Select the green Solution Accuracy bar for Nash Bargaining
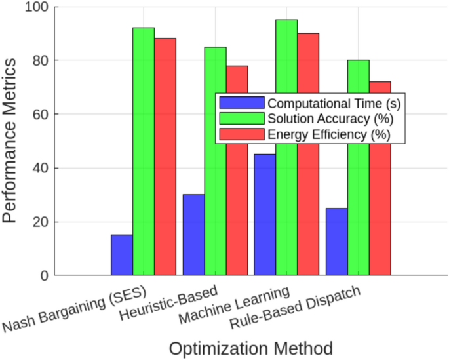(143, 151)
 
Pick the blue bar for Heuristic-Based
(193, 235)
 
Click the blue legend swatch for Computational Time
(241, 103)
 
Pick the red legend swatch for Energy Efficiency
(241, 134)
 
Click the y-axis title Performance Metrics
(11, 140)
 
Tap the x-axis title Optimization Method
(250, 348)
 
